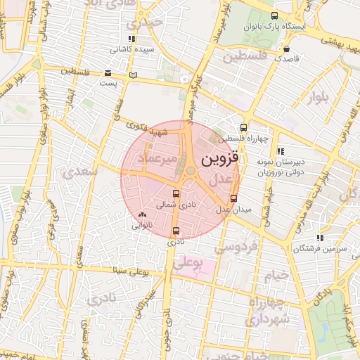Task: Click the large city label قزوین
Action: (220, 159)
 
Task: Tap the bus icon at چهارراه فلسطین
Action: (243, 127)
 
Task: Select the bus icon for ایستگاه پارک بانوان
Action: (274, 15)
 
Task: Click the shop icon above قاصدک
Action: (287, 49)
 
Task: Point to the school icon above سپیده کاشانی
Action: (131, 39)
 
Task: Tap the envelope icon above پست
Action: (108, 73)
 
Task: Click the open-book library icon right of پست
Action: (134, 75)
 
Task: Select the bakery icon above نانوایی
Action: (143, 214)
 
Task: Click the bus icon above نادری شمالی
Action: (176, 193)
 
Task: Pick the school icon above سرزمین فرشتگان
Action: (320, 238)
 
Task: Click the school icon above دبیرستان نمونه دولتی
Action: (281, 151)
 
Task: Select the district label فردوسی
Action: (236, 247)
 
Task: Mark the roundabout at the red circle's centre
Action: (191, 169)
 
